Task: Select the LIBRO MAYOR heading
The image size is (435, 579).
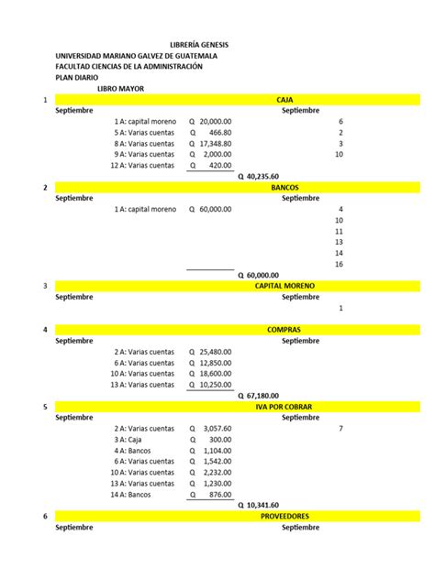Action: (121, 89)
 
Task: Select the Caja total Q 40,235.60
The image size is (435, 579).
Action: (258, 176)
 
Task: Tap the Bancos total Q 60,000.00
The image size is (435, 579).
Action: (258, 275)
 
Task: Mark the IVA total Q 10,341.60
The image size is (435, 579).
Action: (258, 506)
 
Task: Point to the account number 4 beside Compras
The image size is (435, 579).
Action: (45, 330)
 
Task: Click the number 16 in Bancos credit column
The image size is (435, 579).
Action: (340, 264)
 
